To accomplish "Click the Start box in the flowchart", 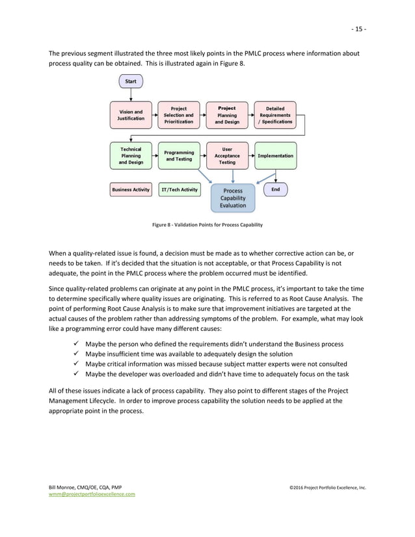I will click(131, 81).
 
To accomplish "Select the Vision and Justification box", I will click(131, 115).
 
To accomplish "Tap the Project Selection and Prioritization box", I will click(179, 115).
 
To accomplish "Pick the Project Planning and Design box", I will click(227, 115).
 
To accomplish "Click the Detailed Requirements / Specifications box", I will click(275, 115).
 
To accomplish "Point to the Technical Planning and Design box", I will click(131, 155).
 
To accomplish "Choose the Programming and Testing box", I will click(179, 155).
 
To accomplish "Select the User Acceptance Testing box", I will click(227, 155).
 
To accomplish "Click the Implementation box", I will click(275, 155).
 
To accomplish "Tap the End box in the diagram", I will click(275, 189).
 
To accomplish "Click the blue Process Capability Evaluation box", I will click(233, 198).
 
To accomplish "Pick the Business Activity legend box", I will click(131, 190).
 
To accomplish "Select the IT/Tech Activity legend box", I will click(180, 190).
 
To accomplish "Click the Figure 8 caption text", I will click(207, 225).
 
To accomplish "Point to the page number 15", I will click(359, 29).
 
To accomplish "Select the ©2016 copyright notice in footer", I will click(328, 487).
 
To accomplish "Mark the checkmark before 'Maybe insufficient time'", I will click(79, 353).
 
